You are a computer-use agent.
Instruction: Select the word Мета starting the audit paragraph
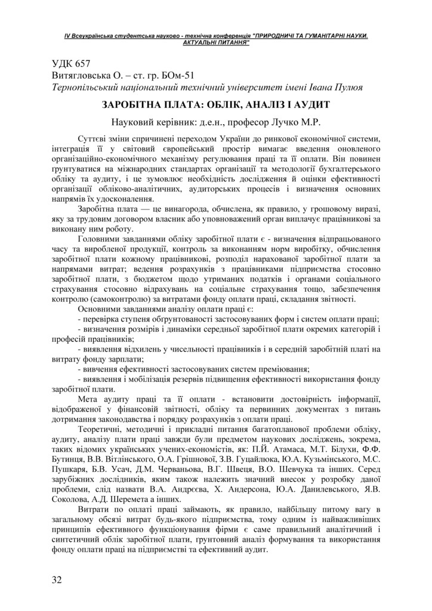pos(89,396)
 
